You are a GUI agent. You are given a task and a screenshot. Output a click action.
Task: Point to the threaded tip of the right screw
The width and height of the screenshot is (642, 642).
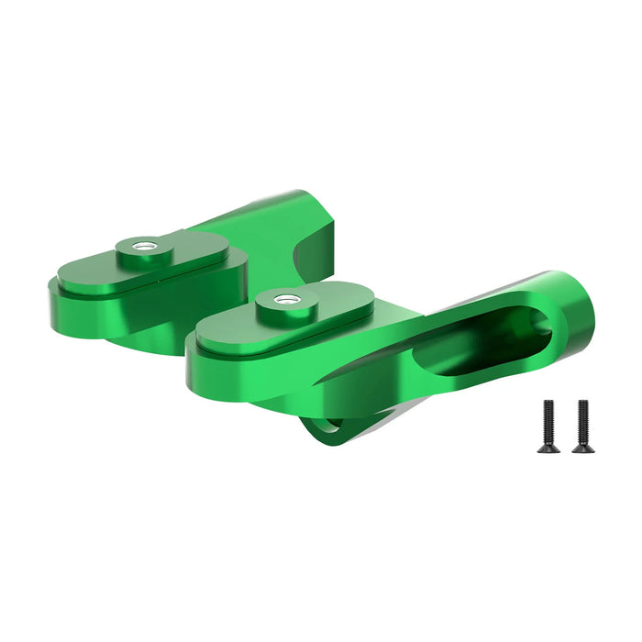pyautogui.click(x=581, y=404)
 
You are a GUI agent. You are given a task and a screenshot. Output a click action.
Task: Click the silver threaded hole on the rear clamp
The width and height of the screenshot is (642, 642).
pyautogui.click(x=142, y=246)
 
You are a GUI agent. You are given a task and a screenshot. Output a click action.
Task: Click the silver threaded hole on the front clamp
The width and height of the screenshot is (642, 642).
pyautogui.click(x=285, y=299)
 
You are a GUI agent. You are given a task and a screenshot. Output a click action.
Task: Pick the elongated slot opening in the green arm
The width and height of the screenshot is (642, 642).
pyautogui.click(x=477, y=341)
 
